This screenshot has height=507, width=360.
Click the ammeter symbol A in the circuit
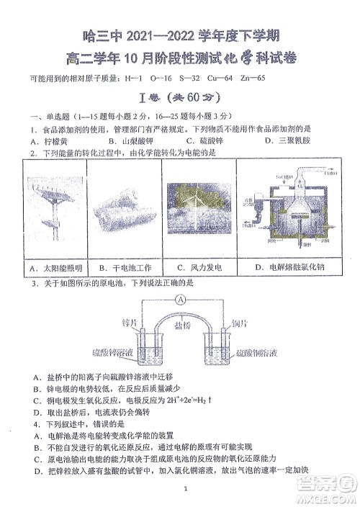(182, 300)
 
